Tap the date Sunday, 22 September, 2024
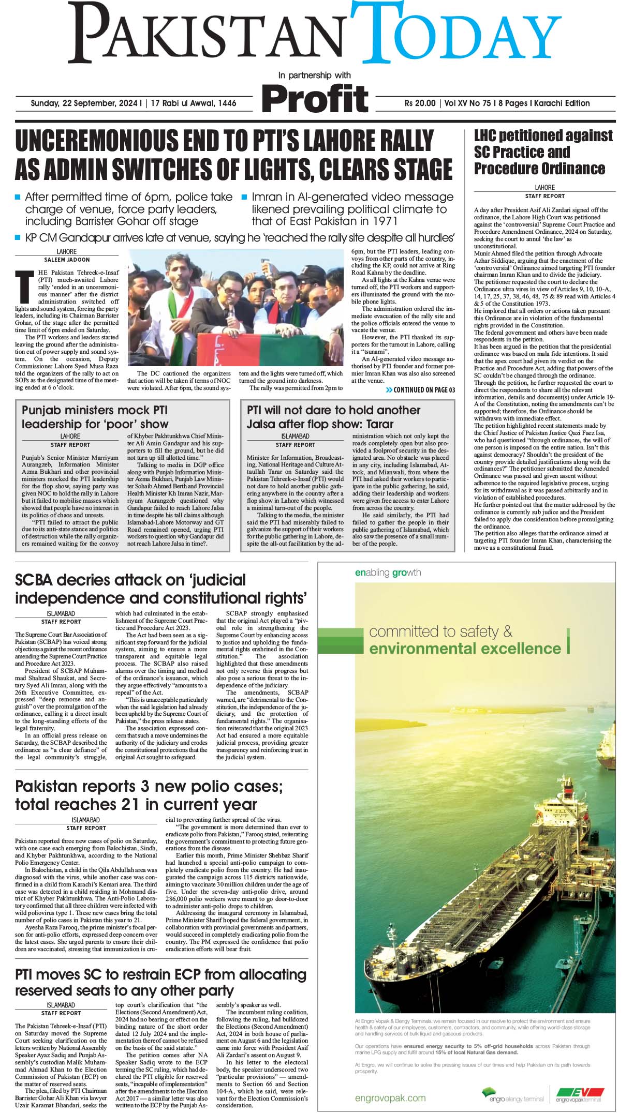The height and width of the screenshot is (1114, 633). coord(86,103)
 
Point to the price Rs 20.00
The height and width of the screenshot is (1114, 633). coord(420,103)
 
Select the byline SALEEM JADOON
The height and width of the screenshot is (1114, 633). coord(66,260)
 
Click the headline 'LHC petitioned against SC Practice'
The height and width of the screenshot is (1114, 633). coord(543,152)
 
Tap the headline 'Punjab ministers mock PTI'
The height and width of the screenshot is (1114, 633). coord(95,417)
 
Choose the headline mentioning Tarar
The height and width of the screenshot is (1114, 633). coord(333,417)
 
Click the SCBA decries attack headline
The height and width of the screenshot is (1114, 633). coord(161,589)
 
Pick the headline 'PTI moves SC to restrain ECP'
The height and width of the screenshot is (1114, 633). coord(160,982)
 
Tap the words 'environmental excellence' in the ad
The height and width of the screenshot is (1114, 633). coord(465,649)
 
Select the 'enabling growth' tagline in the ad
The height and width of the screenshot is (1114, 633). coord(388,573)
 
